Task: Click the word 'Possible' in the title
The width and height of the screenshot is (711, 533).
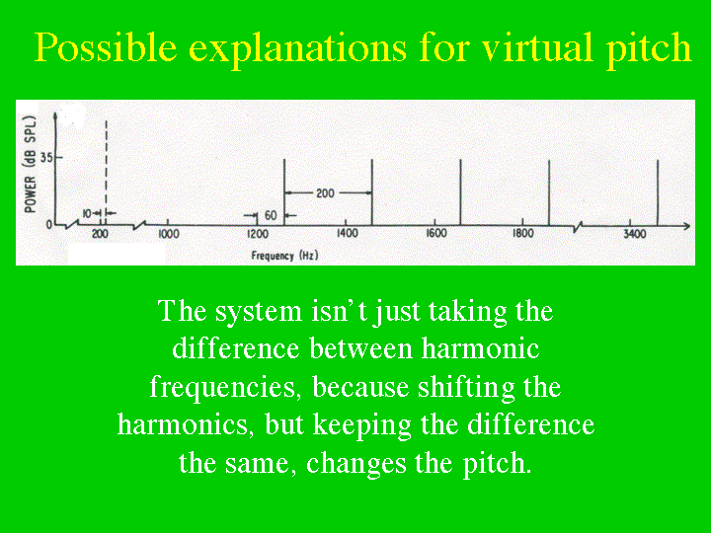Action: [106, 47]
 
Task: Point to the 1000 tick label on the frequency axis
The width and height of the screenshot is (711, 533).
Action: [168, 234]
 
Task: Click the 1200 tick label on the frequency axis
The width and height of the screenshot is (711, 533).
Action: [258, 234]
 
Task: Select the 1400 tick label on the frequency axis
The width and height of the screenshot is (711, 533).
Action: [347, 233]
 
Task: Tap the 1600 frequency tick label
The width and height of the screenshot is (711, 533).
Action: [435, 233]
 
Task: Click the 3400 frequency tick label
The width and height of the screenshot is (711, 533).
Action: [634, 234]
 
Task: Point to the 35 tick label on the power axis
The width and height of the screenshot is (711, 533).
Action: [46, 158]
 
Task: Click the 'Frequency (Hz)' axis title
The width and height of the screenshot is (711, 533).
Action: [284, 256]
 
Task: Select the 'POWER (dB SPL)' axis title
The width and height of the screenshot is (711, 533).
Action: [30, 164]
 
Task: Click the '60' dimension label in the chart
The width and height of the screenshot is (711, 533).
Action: [271, 215]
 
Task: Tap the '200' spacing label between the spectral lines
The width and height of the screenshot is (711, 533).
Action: [325, 193]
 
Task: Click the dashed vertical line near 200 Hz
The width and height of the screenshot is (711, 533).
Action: [106, 173]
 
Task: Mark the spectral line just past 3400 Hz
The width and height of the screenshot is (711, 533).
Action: [658, 192]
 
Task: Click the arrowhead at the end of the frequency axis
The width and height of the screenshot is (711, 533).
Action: [686, 226]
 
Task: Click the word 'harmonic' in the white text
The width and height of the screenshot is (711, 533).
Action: [480, 349]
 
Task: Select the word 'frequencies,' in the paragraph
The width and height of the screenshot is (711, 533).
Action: [225, 388]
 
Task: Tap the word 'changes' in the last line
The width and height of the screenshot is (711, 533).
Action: [355, 463]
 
